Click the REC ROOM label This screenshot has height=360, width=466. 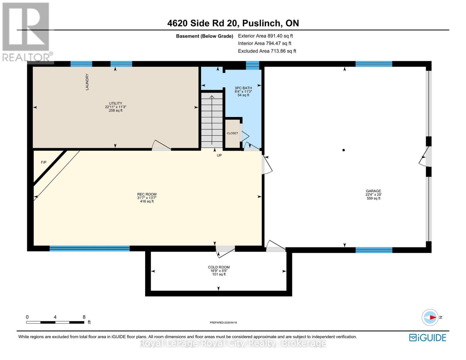coord(147,194)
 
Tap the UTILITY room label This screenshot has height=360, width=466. coord(115,103)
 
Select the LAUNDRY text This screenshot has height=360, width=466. coord(87,82)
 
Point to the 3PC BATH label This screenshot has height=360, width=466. coord(243,88)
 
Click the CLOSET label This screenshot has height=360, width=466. coord(232,133)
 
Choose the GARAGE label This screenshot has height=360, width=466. coord(373,191)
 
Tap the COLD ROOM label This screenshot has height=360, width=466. coord(219,267)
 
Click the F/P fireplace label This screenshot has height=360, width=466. coord(44,162)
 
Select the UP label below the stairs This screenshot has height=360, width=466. coord(219,155)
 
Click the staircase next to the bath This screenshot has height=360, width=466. coord(212,120)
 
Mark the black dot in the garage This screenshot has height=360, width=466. coord(344,150)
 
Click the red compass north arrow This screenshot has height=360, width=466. coord(432,317)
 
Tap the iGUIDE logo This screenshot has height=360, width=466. coord(428,338)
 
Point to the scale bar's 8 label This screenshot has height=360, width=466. coord(84,317)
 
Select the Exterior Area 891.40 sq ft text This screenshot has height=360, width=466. coord(265,36)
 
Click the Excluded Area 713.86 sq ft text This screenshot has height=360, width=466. coord(267,51)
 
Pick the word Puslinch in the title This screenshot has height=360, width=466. coord(261,23)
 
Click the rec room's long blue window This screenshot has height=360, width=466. coord(89,248)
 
